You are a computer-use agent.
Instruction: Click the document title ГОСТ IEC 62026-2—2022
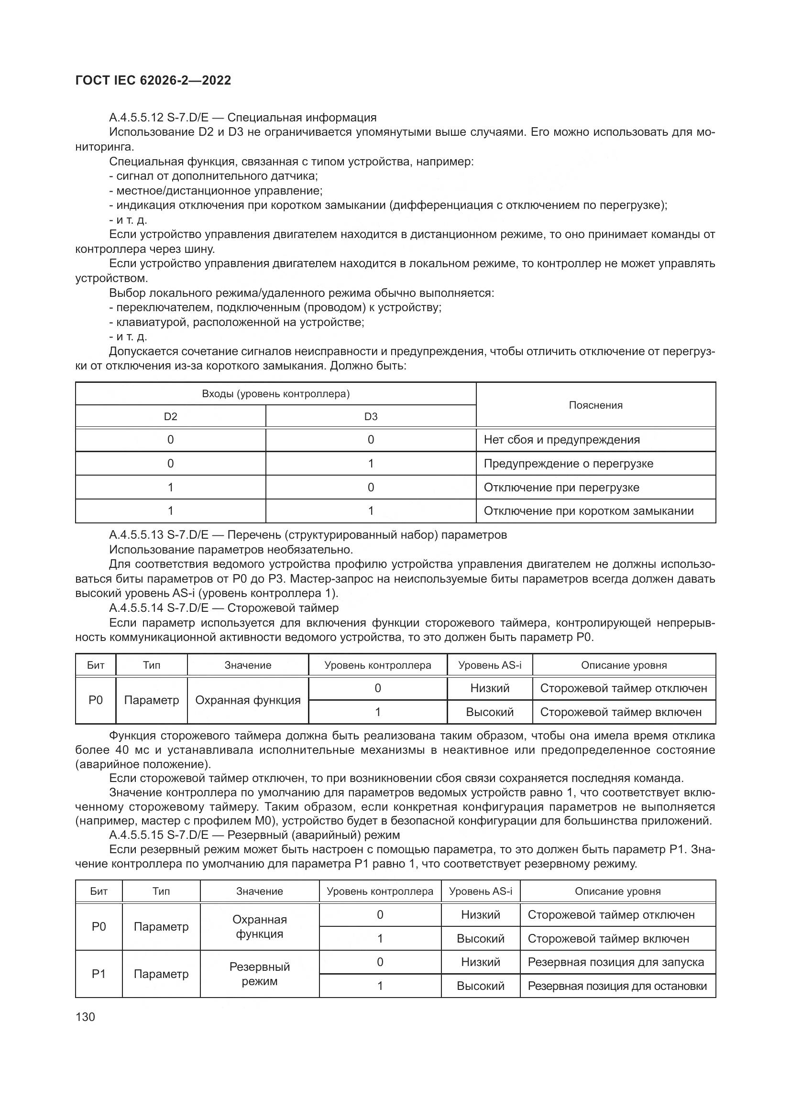pyautogui.click(x=154, y=80)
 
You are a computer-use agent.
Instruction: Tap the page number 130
pyautogui.click(x=85, y=1017)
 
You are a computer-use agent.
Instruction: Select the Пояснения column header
pyautogui.click(x=595, y=405)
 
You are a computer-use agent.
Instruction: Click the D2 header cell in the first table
pyautogui.click(x=170, y=417)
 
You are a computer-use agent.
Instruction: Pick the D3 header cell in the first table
pyautogui.click(x=371, y=417)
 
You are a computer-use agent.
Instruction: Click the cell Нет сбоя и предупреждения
pyautogui.click(x=561, y=440)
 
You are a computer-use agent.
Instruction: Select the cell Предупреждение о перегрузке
pyautogui.click(x=568, y=464)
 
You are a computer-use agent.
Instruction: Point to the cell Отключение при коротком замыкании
pyautogui.click(x=588, y=511)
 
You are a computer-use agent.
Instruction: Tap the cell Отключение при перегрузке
pyautogui.click(x=561, y=488)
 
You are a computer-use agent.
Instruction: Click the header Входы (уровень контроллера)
pyautogui.click(x=275, y=394)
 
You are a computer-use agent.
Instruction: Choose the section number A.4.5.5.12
pyautogui.click(x=136, y=118)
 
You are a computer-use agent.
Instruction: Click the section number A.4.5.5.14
pyautogui.click(x=136, y=608)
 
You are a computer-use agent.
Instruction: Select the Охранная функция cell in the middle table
pyautogui.click(x=247, y=700)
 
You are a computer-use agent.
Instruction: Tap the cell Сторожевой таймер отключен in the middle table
pyautogui.click(x=624, y=688)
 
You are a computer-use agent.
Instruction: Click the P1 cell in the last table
pyautogui.click(x=99, y=974)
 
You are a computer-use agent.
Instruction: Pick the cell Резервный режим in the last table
pyautogui.click(x=259, y=974)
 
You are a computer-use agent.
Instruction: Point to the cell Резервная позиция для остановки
pyautogui.click(x=616, y=986)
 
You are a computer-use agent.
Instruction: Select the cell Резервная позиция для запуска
pyautogui.click(x=615, y=962)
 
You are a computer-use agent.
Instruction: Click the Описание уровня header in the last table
pyautogui.click(x=617, y=891)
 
